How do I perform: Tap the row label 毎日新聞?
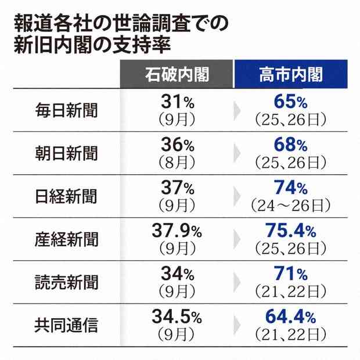tap(66, 110)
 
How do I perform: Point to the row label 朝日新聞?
tap(66, 153)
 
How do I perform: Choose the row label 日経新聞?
tap(66, 196)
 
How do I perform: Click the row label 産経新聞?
tap(66, 239)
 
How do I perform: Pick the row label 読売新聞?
tap(66, 282)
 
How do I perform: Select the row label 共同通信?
tap(66, 325)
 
